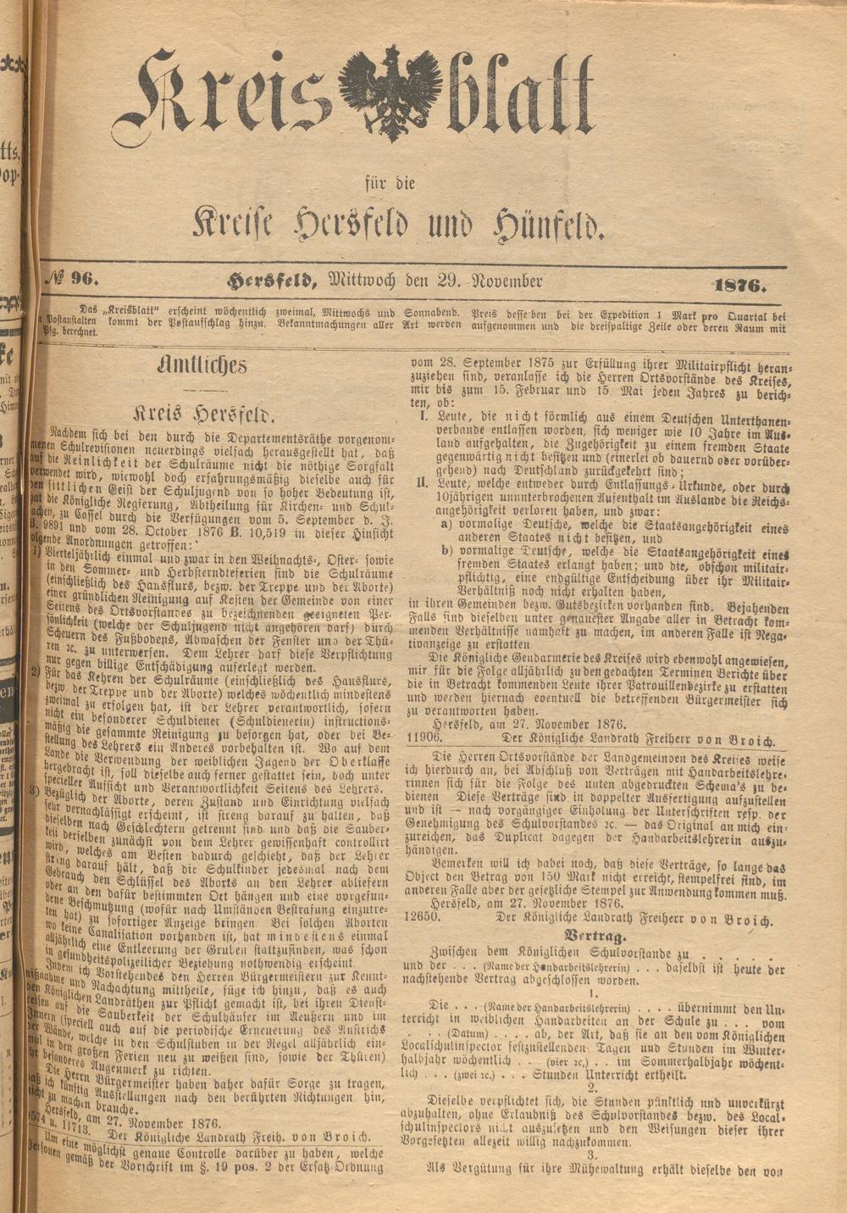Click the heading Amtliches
click(203, 365)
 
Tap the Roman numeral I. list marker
click(423, 418)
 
